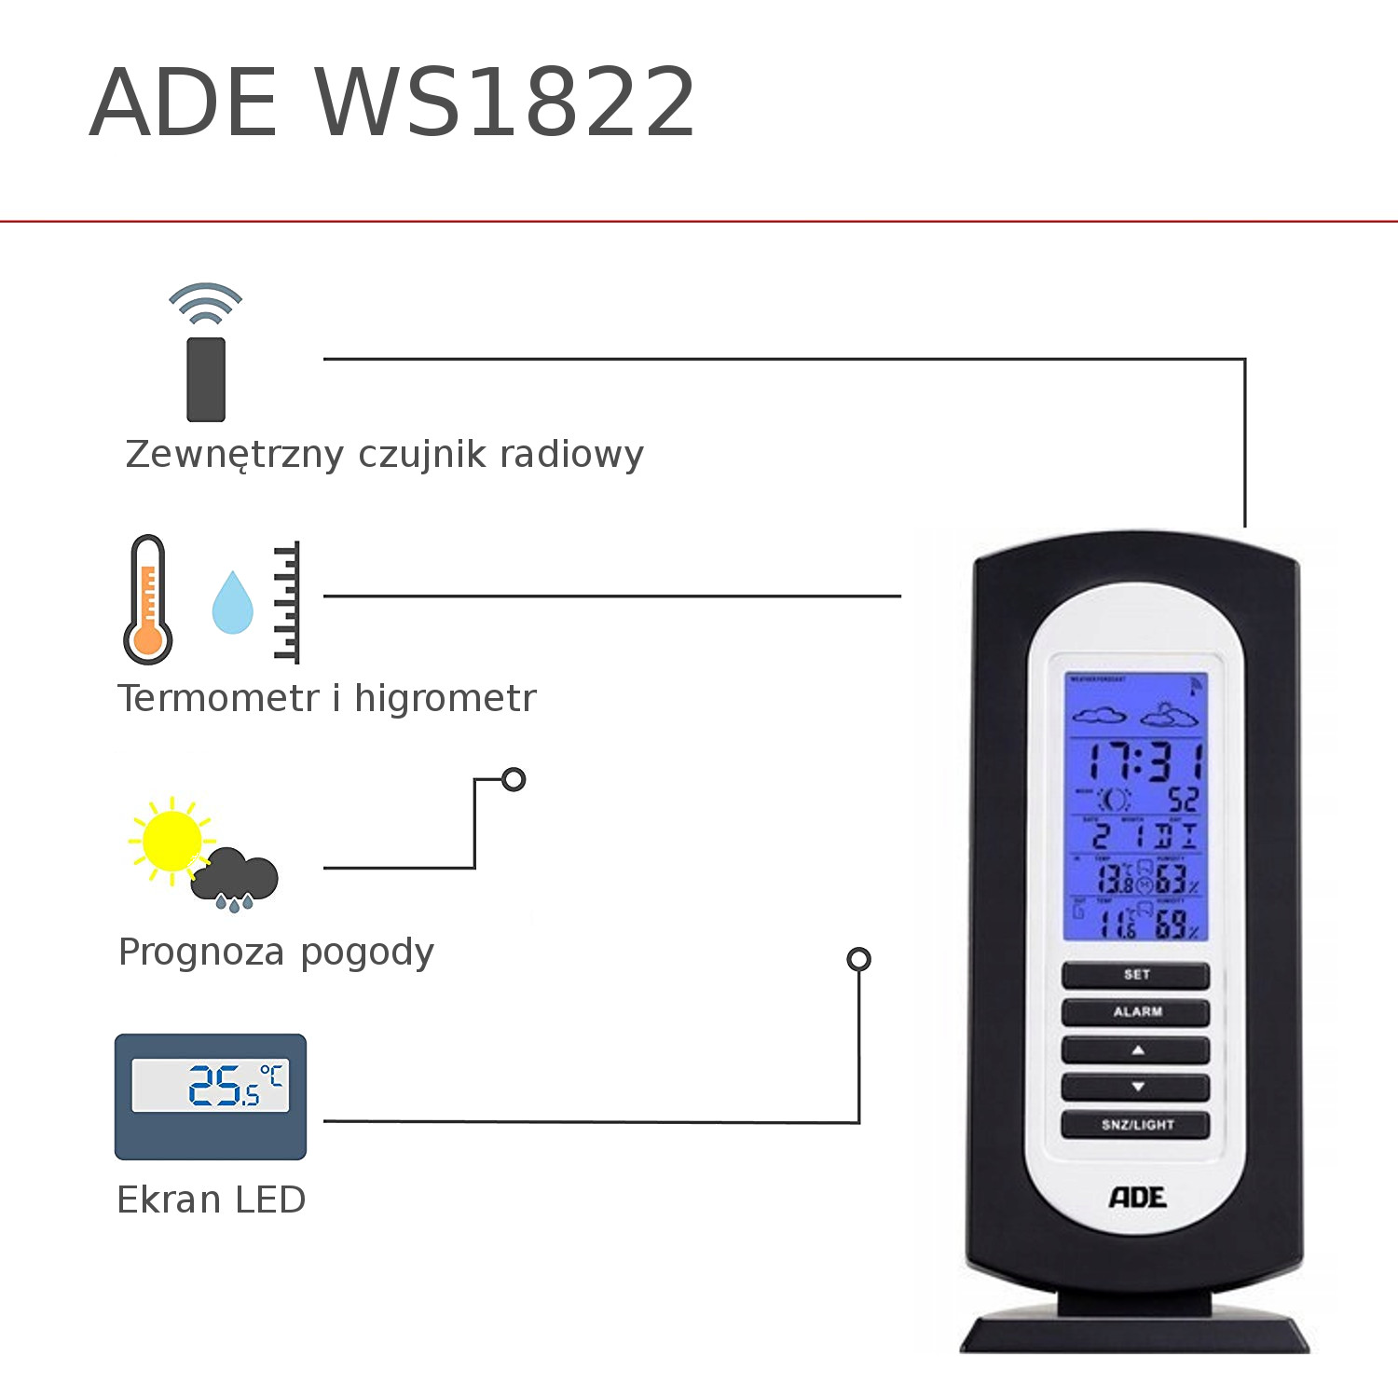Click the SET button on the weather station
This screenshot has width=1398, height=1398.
point(1135,975)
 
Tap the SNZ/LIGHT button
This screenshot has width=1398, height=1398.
point(1135,1125)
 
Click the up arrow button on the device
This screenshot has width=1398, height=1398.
point(1135,1050)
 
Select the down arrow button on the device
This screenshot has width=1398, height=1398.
point(1135,1087)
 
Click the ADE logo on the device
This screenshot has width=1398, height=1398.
point(1137,1198)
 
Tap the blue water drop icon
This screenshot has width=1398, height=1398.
point(232,603)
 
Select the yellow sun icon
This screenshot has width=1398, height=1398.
point(170,840)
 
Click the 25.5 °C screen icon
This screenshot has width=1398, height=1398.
point(211,1096)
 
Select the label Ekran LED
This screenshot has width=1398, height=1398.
point(212,1200)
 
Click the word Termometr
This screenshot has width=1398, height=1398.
point(218,698)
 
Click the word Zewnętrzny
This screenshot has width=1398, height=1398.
point(235,455)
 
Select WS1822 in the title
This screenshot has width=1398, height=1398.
point(506,103)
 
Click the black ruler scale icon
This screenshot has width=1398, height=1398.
point(287,602)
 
